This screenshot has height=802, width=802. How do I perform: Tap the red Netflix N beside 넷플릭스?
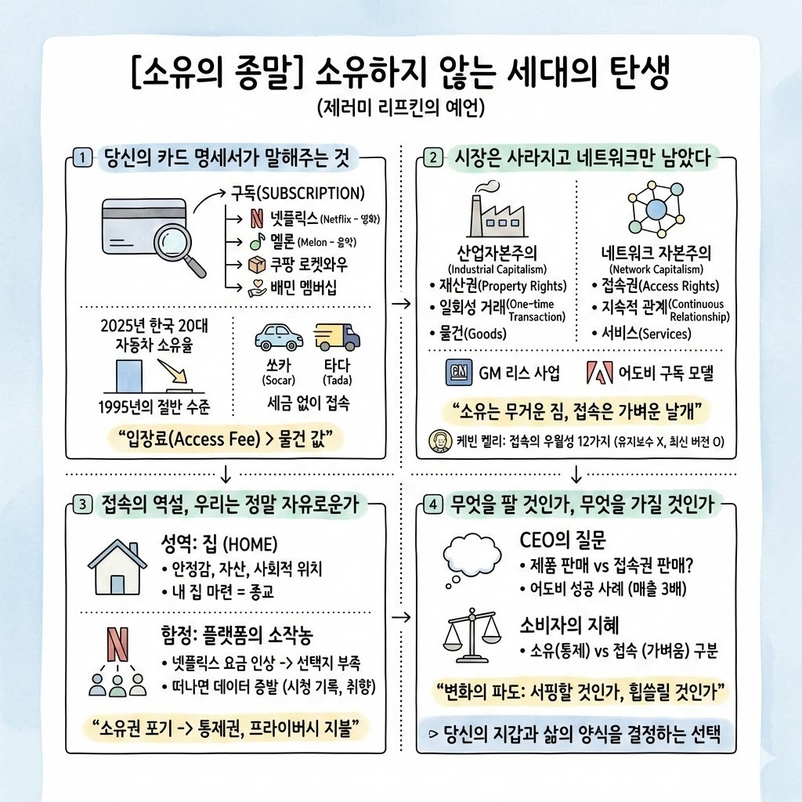click(x=257, y=218)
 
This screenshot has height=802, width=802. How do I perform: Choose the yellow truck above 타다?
click(x=336, y=336)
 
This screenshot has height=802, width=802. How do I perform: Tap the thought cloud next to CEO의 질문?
click(x=473, y=557)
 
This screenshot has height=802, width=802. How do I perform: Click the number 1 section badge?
click(x=82, y=157)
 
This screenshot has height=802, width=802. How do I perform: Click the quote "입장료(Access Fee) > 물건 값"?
click(x=225, y=439)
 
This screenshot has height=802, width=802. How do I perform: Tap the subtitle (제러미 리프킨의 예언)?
click(x=401, y=108)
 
